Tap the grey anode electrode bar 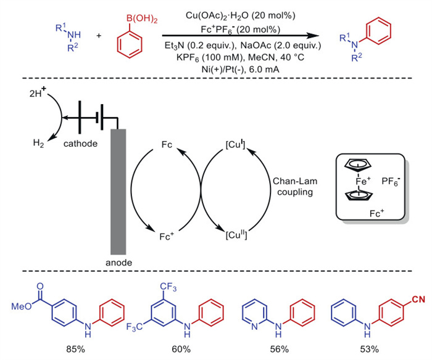(117, 192)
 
